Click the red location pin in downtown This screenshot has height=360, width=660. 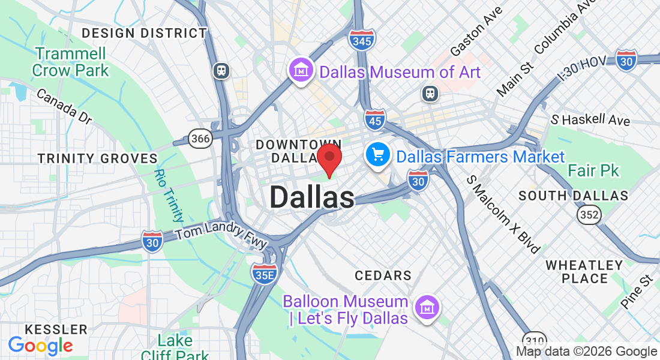tap(329, 158)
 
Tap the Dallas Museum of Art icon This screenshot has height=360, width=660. tap(301, 71)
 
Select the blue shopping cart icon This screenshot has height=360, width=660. tap(378, 156)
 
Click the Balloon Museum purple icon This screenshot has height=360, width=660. tap(427, 308)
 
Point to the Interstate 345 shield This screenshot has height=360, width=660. tap(362, 40)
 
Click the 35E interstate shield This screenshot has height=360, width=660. tap(264, 273)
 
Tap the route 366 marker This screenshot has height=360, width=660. tap(200, 139)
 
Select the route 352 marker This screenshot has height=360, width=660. tap(589, 215)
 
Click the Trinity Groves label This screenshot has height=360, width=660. tap(97, 158)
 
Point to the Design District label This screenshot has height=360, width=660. tap(144, 33)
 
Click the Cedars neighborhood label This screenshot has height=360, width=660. tap(383, 275)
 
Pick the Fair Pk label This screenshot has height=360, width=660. tap(593, 171)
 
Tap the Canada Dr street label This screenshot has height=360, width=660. tap(64, 106)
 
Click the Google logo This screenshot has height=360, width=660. tap(40, 346)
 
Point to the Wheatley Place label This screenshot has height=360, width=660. tap(584, 271)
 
